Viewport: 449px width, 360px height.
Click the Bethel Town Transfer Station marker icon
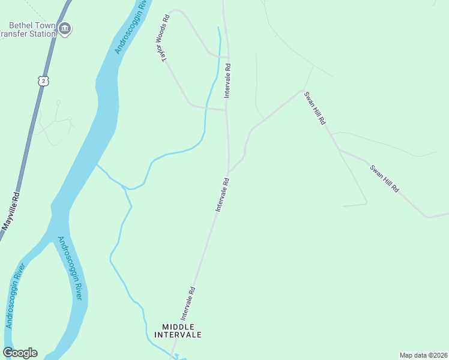tap(65, 28)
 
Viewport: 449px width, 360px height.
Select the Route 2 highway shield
tap(41, 80)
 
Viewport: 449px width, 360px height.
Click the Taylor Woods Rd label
tap(163, 37)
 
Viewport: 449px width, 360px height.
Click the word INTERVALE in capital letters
tap(178, 334)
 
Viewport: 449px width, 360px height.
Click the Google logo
tap(20, 353)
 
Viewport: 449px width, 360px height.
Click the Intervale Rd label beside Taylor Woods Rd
tap(228, 81)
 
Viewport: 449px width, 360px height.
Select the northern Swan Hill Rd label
tap(315, 107)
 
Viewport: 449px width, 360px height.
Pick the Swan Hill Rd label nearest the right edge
tap(384, 178)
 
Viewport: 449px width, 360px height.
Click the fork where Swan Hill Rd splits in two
tap(339, 149)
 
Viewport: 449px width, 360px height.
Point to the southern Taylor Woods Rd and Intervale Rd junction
tap(226, 110)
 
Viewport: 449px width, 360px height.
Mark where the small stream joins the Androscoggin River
tap(97, 164)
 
